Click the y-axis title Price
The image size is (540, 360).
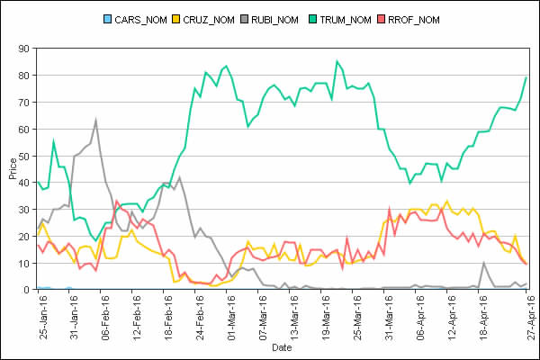pyautogui.click(x=11, y=168)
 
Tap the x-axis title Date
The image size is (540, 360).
pyautogui.click(x=282, y=346)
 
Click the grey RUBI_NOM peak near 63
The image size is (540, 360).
pyautogui.click(x=95, y=120)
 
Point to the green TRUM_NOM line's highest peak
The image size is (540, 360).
pyautogui.click(x=337, y=61)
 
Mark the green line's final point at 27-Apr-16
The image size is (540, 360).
pyautogui.click(x=526, y=77)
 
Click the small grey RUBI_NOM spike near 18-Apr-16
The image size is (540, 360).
pyautogui.click(x=484, y=263)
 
